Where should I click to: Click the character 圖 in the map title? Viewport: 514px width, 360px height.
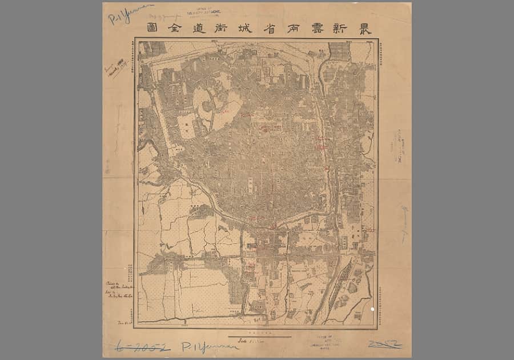click(x=152, y=28)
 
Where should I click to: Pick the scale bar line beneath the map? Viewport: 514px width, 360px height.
click(x=259, y=337)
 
